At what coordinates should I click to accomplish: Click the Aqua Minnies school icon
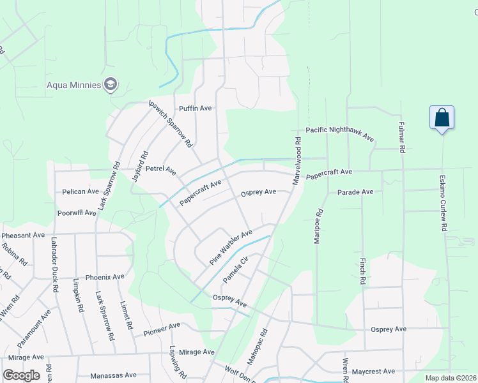click(111, 84)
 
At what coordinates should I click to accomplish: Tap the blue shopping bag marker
click(442, 118)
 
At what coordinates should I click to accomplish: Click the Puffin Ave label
click(195, 108)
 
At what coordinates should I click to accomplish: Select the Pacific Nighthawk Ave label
click(339, 133)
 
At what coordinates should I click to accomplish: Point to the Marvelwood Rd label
click(297, 161)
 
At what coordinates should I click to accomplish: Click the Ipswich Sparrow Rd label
click(171, 124)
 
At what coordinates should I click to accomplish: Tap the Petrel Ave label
click(160, 170)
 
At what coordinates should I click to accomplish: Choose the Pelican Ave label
click(81, 191)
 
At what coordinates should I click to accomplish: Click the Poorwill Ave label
click(76, 212)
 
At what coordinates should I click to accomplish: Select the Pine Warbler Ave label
click(231, 248)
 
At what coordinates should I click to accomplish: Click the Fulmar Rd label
click(402, 137)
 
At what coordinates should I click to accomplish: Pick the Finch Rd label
click(362, 271)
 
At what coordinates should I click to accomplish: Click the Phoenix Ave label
click(105, 277)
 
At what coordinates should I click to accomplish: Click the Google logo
click(22, 375)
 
